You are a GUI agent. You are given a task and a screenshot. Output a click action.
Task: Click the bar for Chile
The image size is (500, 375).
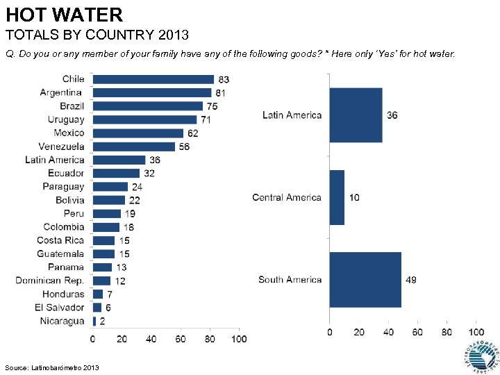pyautogui.click(x=153, y=79)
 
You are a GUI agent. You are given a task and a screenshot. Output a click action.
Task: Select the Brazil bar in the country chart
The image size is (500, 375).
pyautogui.click(x=147, y=106)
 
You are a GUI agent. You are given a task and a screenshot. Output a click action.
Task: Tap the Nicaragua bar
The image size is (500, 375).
pyautogui.click(x=94, y=321)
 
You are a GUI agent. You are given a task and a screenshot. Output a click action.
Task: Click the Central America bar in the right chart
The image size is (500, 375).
pyautogui.click(x=337, y=197)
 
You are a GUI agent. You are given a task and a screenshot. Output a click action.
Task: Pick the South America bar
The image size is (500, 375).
pyautogui.click(x=365, y=279)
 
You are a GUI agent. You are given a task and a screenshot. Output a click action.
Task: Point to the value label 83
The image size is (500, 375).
pyautogui.click(x=224, y=80)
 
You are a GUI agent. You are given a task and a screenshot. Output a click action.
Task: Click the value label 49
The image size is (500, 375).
pyautogui.click(x=411, y=280)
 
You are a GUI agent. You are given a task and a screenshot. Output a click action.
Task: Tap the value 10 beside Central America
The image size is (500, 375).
pyautogui.click(x=354, y=198)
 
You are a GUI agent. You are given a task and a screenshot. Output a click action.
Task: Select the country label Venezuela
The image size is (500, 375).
pyautogui.click(x=61, y=147)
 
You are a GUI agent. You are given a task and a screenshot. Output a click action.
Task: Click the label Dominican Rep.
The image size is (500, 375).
pyautogui.click(x=50, y=281)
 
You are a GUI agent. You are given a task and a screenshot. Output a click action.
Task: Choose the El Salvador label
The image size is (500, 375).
pyautogui.click(x=60, y=308)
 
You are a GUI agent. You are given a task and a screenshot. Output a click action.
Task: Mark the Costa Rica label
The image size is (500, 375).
pyautogui.click(x=60, y=240)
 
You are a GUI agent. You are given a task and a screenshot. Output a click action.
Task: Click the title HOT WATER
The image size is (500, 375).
pyautogui.click(x=64, y=15)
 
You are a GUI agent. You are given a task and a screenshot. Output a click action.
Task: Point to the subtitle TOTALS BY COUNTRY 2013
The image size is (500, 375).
pyautogui.click(x=97, y=34)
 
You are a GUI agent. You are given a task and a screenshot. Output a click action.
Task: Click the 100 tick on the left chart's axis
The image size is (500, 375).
pyautogui.click(x=239, y=339)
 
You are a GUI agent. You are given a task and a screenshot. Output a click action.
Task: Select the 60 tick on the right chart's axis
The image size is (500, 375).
pyautogui.click(x=417, y=333)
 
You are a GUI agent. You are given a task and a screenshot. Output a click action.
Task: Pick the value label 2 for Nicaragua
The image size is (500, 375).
pyautogui.click(x=103, y=322)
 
